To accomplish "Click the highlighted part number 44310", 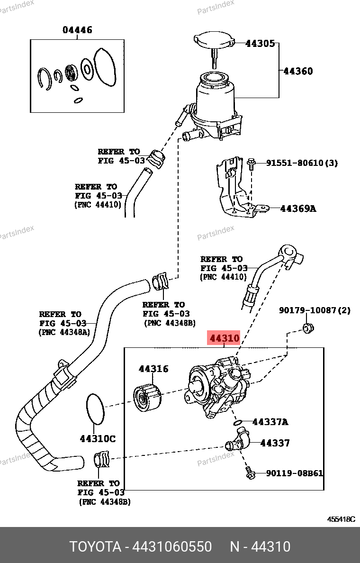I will [225, 339].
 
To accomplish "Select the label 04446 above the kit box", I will [77, 30].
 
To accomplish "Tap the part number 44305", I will [260, 44].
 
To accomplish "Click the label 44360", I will [298, 71].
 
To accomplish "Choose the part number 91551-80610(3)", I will [302, 163].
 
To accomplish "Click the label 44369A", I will [298, 208].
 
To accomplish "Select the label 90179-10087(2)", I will [315, 310].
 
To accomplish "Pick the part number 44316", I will [153, 369].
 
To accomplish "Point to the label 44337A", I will [270, 422].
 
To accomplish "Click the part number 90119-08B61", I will [295, 473].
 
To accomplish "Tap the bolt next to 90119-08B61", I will [250, 472].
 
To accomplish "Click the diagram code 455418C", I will [341, 519].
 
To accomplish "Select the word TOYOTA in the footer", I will [95, 547].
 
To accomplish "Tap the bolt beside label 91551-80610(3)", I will [251, 164].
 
